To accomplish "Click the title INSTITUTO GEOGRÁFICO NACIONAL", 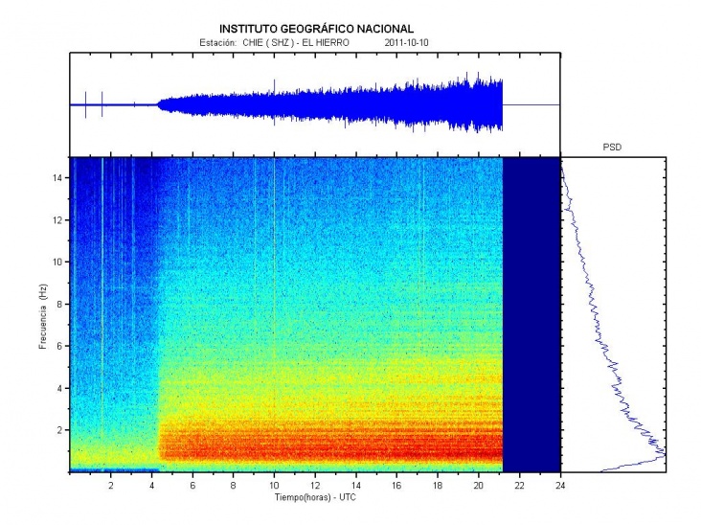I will (x=317, y=29).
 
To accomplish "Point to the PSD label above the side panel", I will (x=613, y=148).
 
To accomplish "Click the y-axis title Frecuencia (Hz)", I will (x=44, y=315).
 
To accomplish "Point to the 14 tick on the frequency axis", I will (x=58, y=178).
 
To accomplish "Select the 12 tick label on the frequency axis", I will (x=58, y=220).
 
